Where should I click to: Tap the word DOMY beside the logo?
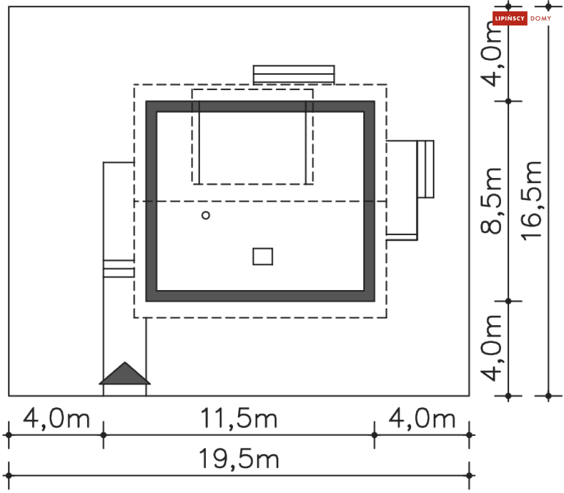point(541,19)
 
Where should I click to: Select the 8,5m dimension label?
point(491,201)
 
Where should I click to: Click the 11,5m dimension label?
point(239,419)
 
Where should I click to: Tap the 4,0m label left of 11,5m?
point(56,419)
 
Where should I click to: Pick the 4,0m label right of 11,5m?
point(422,419)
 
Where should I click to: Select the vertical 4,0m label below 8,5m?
point(491,347)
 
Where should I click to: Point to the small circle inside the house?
point(206,215)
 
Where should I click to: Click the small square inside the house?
point(262,257)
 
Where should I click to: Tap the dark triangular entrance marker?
point(125,373)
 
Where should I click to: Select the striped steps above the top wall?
point(293,75)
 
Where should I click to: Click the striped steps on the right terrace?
point(425,169)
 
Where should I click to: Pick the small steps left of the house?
point(118,269)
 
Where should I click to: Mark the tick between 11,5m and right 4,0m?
point(374,435)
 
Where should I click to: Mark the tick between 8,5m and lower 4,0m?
point(508,301)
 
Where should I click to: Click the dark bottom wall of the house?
point(260,295)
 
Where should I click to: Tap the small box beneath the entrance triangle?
point(125,390)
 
